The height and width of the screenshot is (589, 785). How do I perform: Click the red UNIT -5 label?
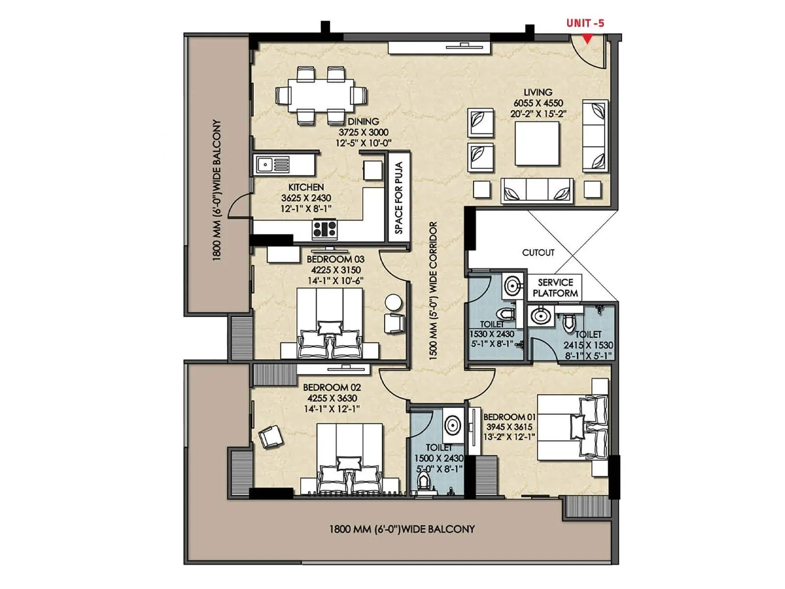[585, 23]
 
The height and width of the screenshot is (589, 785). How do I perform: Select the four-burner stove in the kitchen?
[325, 229]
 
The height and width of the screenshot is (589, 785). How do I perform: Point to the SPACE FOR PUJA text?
[399, 197]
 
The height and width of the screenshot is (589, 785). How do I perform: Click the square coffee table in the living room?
[537, 143]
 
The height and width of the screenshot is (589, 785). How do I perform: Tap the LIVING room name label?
[538, 92]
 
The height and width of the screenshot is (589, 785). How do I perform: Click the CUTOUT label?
[538, 252]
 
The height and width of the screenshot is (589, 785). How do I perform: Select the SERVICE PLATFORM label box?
[555, 288]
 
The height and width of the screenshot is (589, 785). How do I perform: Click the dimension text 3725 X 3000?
[363, 132]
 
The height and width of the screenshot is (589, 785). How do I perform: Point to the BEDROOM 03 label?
[336, 259]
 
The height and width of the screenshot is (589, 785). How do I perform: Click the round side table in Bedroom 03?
[393, 302]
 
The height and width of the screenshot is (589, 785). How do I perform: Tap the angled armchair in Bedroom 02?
[271, 436]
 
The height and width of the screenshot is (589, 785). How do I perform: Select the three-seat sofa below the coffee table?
[537, 190]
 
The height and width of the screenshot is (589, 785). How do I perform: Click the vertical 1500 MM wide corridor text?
[433, 291]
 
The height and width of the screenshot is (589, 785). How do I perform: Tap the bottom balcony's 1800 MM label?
[401, 529]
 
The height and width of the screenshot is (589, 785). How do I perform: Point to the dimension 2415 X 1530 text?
[588, 345]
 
